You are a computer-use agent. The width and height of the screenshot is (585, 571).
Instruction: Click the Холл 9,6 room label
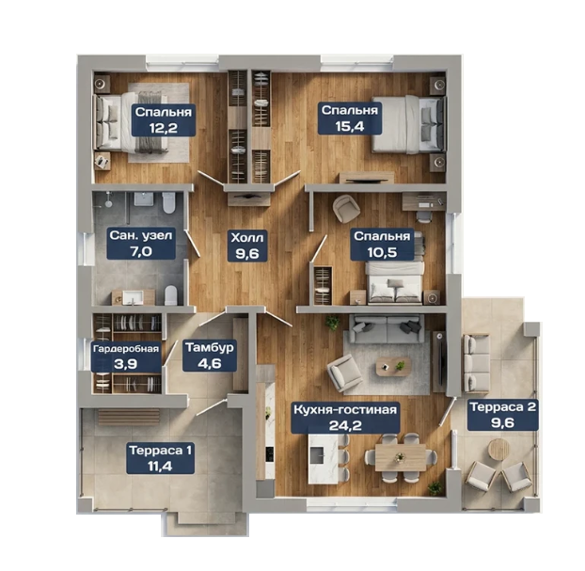(247, 246)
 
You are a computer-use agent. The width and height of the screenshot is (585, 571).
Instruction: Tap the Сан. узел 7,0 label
(141, 244)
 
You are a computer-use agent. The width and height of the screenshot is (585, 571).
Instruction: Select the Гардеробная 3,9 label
(126, 357)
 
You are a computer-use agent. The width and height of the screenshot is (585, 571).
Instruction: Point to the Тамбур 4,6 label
(210, 356)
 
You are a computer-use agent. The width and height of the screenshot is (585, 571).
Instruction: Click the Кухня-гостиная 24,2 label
(345, 418)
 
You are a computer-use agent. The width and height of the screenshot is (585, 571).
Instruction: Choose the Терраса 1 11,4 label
(161, 458)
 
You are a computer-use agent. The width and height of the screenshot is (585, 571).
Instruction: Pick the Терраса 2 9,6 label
(503, 415)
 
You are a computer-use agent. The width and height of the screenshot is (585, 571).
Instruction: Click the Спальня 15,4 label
(350, 119)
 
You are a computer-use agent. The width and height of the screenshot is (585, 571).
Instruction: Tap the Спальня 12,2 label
(164, 119)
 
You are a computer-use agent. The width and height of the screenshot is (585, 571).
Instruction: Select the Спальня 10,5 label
(382, 244)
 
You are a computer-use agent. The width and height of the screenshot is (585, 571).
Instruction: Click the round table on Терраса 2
(498, 449)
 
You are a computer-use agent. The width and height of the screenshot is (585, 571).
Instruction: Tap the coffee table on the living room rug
(394, 366)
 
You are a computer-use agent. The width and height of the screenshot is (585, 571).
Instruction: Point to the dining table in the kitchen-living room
(401, 457)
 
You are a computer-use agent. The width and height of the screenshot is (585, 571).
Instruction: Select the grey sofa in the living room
(388, 328)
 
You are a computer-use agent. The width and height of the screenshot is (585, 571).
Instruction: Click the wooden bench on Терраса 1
(129, 416)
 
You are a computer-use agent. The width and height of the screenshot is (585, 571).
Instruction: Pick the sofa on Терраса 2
(476, 363)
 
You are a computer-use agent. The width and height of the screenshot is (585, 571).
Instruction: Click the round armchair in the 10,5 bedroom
(347, 209)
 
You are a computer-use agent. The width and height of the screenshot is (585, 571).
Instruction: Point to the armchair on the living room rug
(344, 373)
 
